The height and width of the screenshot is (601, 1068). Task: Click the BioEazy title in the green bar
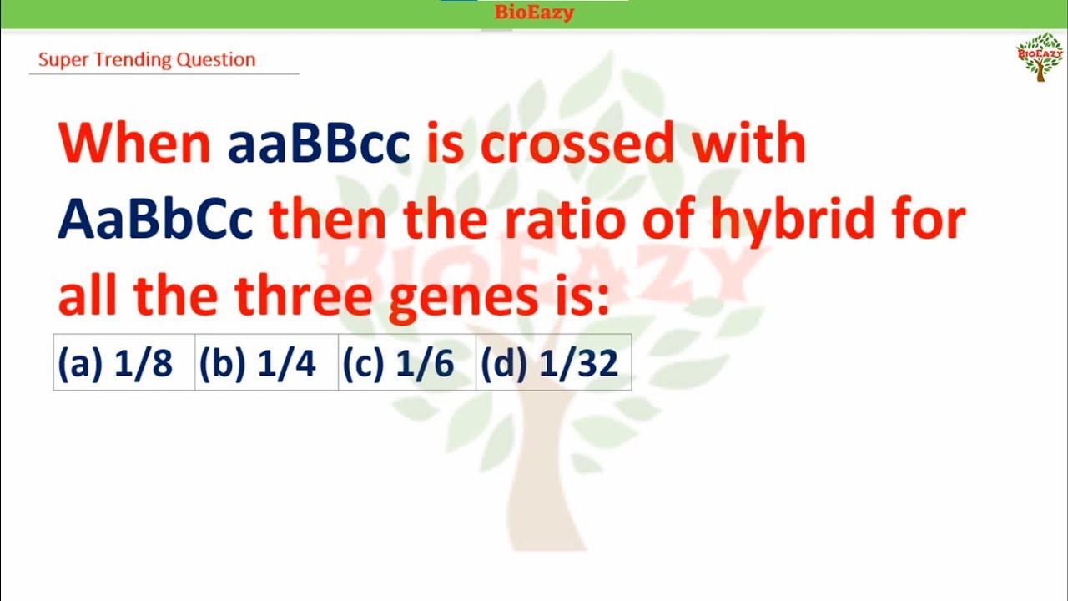click(x=534, y=13)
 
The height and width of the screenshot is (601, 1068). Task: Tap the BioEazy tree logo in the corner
click(x=1040, y=57)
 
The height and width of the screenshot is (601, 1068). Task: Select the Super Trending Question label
click(x=147, y=60)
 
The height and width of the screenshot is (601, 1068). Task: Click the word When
click(x=134, y=144)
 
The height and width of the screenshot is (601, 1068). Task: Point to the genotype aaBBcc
click(x=319, y=144)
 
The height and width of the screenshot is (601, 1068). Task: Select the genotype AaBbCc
click(x=155, y=220)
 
